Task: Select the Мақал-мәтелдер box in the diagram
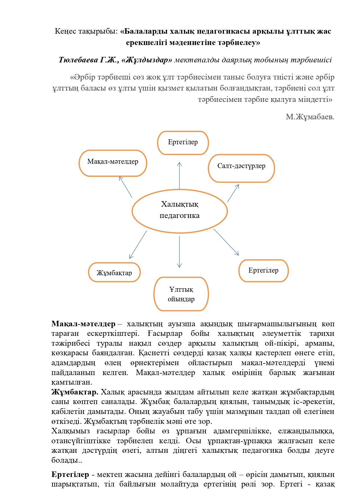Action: tap(113, 163)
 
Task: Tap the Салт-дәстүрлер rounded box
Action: tap(241, 168)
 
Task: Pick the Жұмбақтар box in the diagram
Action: tap(114, 272)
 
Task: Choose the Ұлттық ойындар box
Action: tap(181, 294)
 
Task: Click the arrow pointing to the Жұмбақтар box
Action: tap(138, 244)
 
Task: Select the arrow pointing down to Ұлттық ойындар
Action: tap(179, 251)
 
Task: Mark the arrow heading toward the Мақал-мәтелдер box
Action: tap(125, 187)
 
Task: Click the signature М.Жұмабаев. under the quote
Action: tap(310, 117)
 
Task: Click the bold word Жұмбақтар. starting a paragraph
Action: tap(75, 392)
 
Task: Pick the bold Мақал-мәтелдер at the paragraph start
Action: tap(83, 324)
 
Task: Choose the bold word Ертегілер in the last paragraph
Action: tap(70, 474)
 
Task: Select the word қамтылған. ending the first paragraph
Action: tap(72, 382)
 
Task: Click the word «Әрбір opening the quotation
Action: tap(82, 77)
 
